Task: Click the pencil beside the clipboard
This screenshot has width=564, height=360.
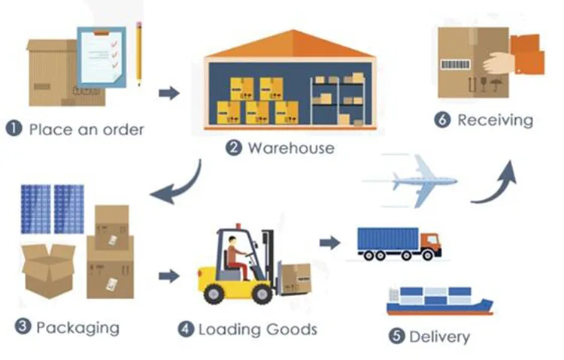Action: click(x=139, y=53)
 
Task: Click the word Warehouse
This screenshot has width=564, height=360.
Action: click(x=290, y=148)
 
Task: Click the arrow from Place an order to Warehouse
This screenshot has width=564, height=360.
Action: click(x=170, y=92)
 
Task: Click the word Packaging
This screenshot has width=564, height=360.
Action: click(x=77, y=328)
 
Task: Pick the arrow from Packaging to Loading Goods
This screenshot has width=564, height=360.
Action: click(x=169, y=276)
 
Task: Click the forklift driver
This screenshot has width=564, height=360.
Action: click(x=235, y=252)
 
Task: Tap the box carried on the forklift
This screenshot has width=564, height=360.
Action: click(x=294, y=277)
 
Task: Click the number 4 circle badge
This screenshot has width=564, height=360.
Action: click(x=186, y=329)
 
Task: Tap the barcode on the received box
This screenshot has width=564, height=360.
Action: click(x=456, y=65)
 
